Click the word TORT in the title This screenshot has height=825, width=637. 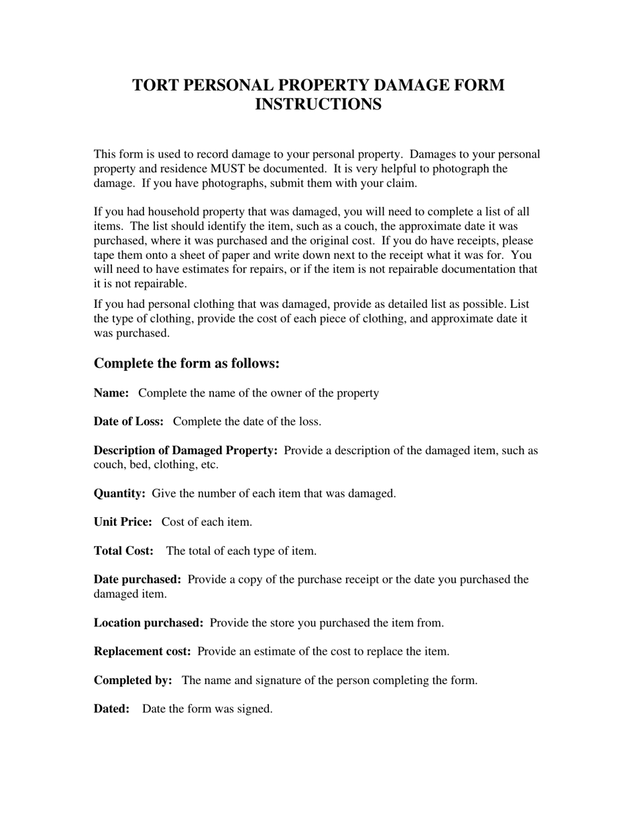click(x=155, y=86)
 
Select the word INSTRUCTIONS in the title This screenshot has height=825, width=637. click(x=318, y=105)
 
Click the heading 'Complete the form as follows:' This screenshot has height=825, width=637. click(x=186, y=364)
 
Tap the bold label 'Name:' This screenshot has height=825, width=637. click(x=111, y=393)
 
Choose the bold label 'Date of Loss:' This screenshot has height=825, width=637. click(x=129, y=422)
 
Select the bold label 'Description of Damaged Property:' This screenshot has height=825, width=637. click(x=186, y=451)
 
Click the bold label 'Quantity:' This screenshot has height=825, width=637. click(x=119, y=494)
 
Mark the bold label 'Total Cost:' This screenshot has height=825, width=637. click(x=123, y=551)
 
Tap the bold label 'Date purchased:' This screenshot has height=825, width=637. click(x=137, y=580)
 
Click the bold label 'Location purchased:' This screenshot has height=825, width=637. click(x=148, y=623)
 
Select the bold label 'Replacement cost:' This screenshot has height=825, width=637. click(x=142, y=651)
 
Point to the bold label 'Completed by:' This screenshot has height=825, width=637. click(x=133, y=680)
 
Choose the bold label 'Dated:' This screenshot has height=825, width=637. click(x=111, y=709)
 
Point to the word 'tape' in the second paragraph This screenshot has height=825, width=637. click(x=105, y=256)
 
